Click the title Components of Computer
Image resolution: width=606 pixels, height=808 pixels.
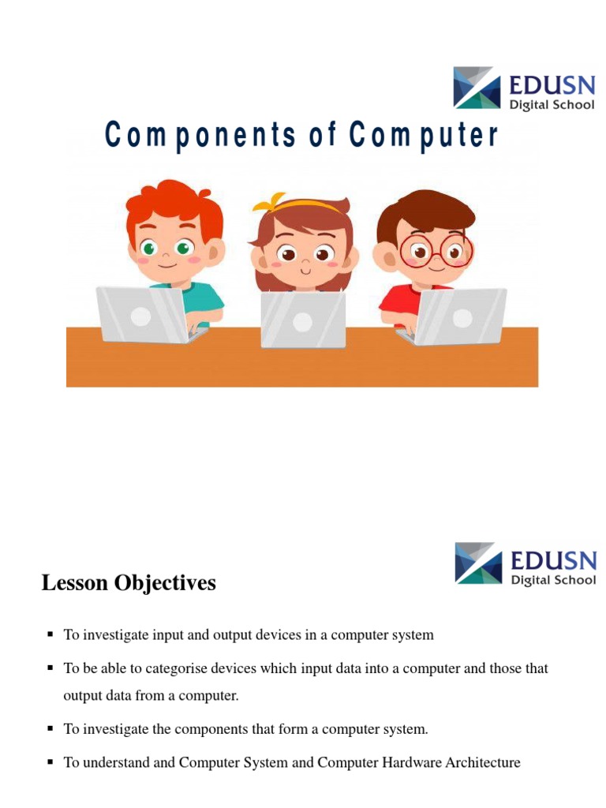(x=302, y=136)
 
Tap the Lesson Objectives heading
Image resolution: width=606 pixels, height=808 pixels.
(x=129, y=583)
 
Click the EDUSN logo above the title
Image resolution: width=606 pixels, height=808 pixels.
(x=524, y=88)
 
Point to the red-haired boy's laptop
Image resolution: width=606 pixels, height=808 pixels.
(x=141, y=314)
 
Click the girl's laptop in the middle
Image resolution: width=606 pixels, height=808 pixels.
(x=303, y=320)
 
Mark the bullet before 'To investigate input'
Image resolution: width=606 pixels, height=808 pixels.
(x=50, y=634)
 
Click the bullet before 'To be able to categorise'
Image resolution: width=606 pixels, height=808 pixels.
(x=50, y=668)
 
